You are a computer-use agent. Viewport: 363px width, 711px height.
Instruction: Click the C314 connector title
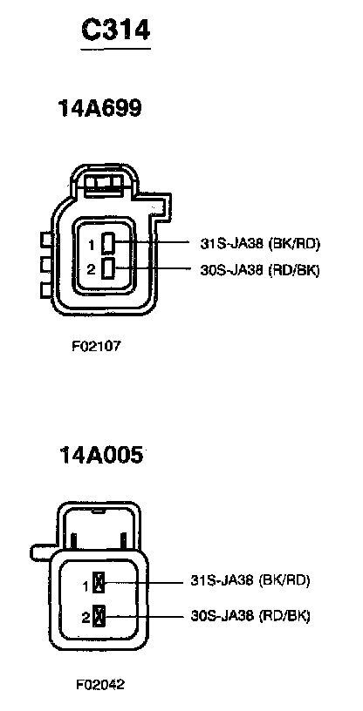(x=116, y=30)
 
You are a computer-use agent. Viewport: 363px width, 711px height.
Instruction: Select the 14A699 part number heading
(x=100, y=108)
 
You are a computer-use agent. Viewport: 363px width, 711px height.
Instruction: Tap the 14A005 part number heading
(x=100, y=455)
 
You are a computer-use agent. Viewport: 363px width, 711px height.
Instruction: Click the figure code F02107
(x=96, y=347)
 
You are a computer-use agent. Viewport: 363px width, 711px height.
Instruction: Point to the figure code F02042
(x=100, y=684)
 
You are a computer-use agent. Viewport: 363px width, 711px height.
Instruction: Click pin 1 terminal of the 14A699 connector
(x=108, y=242)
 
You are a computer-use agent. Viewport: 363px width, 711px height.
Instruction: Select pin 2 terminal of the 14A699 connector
(x=108, y=268)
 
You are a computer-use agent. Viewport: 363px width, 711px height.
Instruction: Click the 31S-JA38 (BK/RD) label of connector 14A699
(x=260, y=243)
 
